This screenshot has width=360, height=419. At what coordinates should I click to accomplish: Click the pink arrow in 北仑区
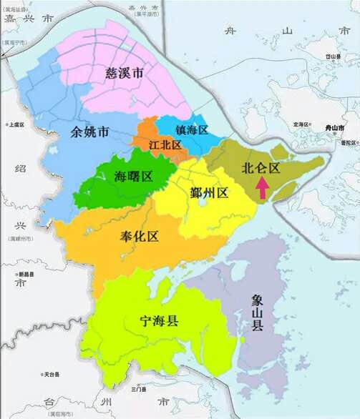[x=263, y=188]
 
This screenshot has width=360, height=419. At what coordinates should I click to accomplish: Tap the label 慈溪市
[x=124, y=72]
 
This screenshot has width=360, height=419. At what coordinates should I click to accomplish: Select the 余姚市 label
[x=90, y=132]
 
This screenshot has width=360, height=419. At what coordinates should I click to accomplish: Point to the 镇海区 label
[x=191, y=129]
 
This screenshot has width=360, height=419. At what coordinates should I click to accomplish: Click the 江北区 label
[x=165, y=144]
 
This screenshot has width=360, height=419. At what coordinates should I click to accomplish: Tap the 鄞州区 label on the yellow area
[x=209, y=192]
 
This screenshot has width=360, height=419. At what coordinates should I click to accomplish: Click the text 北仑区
[x=261, y=169]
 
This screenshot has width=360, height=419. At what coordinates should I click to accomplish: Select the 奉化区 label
[x=140, y=236]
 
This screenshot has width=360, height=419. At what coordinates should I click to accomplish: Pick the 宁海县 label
[x=159, y=322]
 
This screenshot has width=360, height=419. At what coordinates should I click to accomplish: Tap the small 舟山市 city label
[x=334, y=127]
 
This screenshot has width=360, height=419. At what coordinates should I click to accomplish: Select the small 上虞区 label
[x=16, y=124]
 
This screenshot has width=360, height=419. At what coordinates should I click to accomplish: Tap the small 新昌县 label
[x=26, y=275]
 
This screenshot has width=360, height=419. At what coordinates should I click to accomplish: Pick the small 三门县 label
[x=138, y=389]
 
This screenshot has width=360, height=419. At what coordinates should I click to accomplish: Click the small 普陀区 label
[x=349, y=143]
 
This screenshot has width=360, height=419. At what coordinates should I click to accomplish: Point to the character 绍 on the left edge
[x=21, y=169]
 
